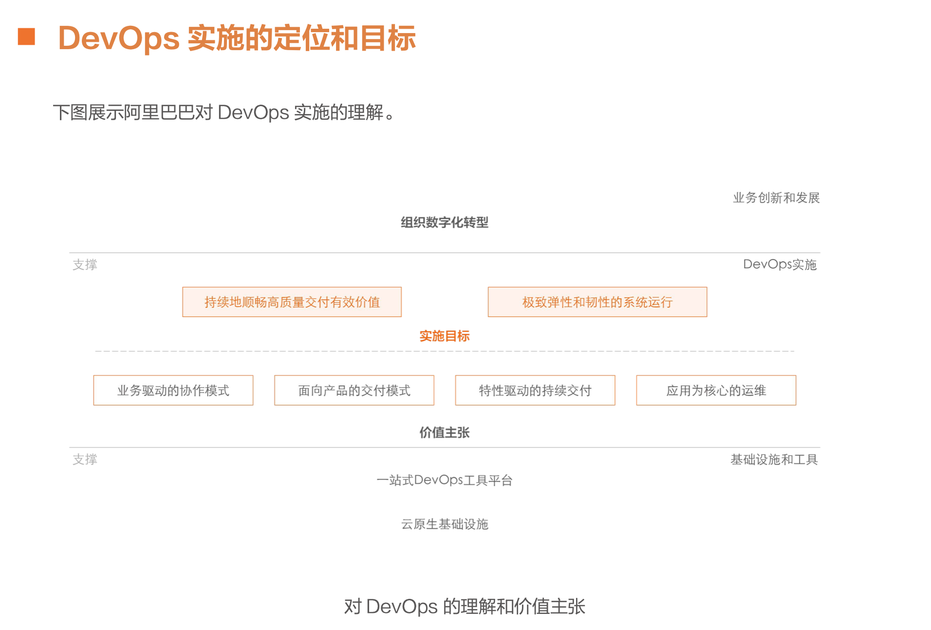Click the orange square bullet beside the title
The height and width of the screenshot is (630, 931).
click(26, 37)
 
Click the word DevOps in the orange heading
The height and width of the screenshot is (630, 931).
click(119, 38)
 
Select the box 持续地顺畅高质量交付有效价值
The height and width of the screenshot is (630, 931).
click(292, 302)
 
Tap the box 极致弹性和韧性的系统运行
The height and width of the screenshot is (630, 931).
click(597, 302)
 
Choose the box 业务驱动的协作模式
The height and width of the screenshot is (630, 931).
click(173, 390)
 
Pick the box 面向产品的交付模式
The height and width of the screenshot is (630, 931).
click(354, 390)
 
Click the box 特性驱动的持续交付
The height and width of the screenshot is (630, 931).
click(535, 390)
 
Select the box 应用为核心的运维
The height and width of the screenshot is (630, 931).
click(716, 390)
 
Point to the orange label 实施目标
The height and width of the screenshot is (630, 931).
click(444, 336)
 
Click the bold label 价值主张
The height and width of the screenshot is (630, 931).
click(444, 432)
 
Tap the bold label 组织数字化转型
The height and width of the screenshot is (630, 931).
click(444, 222)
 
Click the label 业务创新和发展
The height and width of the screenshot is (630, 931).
click(776, 198)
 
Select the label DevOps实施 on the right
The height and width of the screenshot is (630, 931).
click(779, 264)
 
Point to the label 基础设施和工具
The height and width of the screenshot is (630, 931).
click(774, 459)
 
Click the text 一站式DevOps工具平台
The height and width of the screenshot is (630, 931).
click(444, 481)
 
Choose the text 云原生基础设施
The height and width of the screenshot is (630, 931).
click(444, 524)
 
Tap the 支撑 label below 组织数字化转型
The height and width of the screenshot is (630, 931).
click(85, 264)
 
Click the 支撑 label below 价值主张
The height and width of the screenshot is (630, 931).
click(85, 459)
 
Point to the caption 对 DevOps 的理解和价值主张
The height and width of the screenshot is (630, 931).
click(465, 607)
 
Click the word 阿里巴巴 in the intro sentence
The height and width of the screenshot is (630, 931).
click(159, 112)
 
